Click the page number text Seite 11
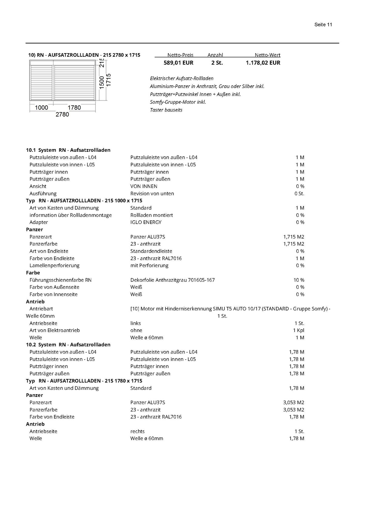(x=323, y=25)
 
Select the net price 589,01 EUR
(x=178, y=63)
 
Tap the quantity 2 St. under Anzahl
(x=217, y=63)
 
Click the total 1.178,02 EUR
(x=263, y=63)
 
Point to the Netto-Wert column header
(x=267, y=55)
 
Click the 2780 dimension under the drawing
(x=62, y=114)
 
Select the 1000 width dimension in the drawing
(x=41, y=108)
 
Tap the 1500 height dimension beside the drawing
(x=102, y=82)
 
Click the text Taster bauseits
(x=166, y=110)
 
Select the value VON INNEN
(x=144, y=186)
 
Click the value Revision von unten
(x=152, y=194)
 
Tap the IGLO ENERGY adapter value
(x=146, y=222)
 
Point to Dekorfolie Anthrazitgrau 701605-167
(x=172, y=280)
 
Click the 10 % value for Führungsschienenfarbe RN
(x=299, y=280)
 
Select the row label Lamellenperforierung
(x=54, y=266)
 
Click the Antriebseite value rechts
(x=138, y=431)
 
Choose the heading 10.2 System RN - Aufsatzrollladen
(x=68, y=345)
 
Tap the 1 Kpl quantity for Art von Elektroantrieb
(x=298, y=331)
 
